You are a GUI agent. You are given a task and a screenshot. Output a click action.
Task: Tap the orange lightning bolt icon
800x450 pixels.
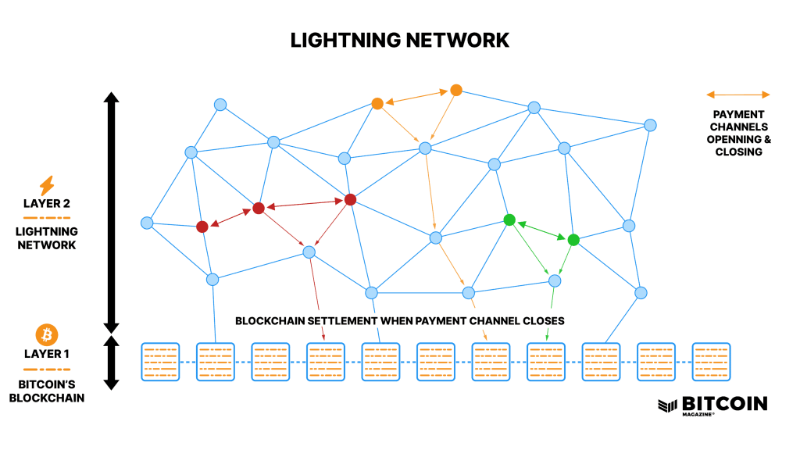click(46, 186)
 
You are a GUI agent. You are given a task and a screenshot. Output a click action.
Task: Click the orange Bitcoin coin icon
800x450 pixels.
click(46, 334)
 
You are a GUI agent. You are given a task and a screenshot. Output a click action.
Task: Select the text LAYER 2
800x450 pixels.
click(46, 204)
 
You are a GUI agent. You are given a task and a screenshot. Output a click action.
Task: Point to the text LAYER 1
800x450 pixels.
click(46, 354)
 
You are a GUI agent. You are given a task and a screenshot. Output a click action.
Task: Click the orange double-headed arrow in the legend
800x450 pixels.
click(737, 95)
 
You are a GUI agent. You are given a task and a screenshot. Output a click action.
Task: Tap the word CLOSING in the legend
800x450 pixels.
click(739, 152)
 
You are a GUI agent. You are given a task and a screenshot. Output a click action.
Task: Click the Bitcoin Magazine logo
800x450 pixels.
click(712, 405)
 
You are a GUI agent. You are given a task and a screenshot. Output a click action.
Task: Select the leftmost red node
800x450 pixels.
click(202, 227)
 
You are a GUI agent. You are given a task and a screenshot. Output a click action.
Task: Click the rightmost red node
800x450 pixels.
click(350, 199)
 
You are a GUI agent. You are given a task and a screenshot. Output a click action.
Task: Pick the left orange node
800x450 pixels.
click(377, 104)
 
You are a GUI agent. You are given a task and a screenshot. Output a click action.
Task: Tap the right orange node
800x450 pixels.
click(456, 91)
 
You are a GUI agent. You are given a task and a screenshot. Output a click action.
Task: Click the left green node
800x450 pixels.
click(509, 220)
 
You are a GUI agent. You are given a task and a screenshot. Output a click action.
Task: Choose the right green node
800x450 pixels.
click(573, 240)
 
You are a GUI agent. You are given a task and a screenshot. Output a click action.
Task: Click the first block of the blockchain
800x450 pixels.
click(160, 362)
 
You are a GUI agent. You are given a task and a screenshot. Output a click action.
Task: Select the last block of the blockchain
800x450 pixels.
click(711, 362)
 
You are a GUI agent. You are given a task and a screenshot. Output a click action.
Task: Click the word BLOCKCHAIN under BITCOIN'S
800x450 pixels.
click(47, 398)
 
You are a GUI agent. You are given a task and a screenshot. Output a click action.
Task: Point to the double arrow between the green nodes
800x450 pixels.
click(541, 230)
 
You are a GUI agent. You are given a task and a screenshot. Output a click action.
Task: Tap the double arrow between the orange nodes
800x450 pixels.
click(417, 97)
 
